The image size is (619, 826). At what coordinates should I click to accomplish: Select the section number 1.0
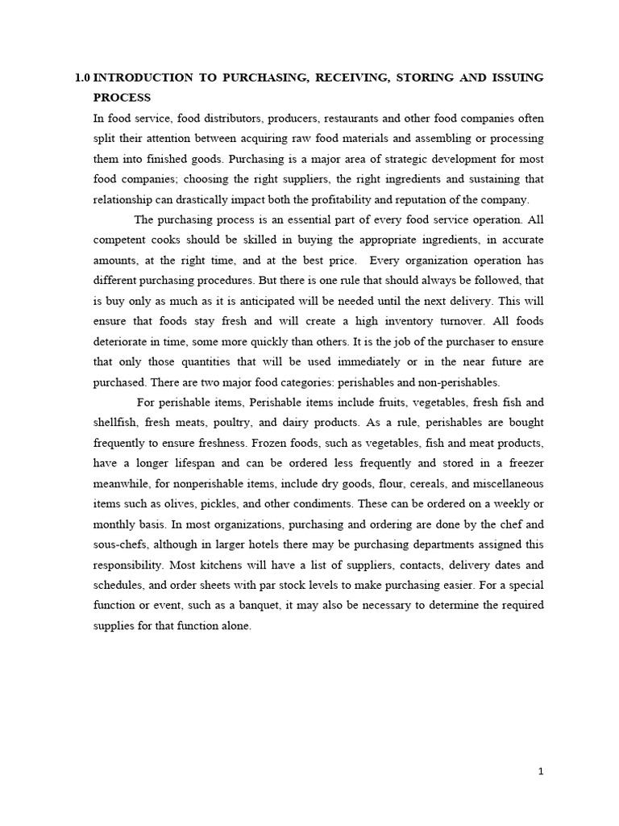tap(81, 77)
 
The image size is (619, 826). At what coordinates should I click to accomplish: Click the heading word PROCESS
tap(122, 98)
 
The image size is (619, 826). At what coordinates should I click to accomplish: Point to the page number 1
tap(541, 772)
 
